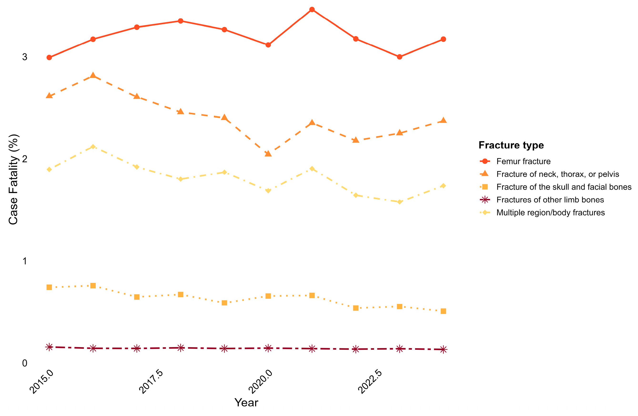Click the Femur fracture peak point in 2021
(312, 10)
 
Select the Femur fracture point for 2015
(49, 58)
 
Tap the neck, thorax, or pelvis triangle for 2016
(93, 75)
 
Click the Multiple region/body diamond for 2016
(93, 147)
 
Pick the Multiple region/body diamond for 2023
(400, 202)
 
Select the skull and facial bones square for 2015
(49, 287)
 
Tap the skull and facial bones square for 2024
(443, 311)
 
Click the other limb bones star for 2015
(49, 347)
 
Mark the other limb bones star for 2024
(443, 350)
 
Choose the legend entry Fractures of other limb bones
(550, 200)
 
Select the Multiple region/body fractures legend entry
(551, 213)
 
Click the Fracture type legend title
(511, 145)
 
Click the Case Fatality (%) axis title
(13, 179)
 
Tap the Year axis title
(246, 403)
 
